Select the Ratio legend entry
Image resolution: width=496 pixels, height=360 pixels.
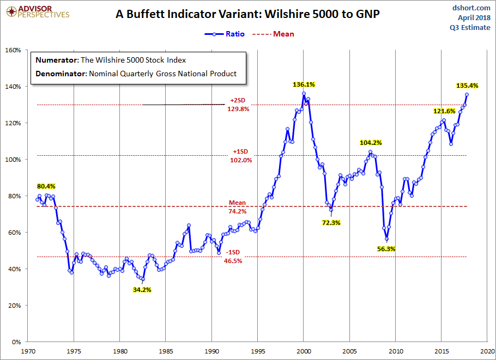coord(225,34)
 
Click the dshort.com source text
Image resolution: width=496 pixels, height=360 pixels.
coord(472,8)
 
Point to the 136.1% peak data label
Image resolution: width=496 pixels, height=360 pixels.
coord(304,84)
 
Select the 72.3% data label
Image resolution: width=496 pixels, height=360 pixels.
coord(331,223)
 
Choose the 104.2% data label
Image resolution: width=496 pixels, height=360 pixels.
coord(371,143)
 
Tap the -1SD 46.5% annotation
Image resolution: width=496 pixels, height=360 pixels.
coord(232,257)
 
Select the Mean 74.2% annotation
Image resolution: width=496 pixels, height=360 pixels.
coord(237,206)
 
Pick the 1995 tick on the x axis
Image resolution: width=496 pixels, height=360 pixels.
coord(258,351)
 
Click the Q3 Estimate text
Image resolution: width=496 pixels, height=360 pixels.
coord(472,28)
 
